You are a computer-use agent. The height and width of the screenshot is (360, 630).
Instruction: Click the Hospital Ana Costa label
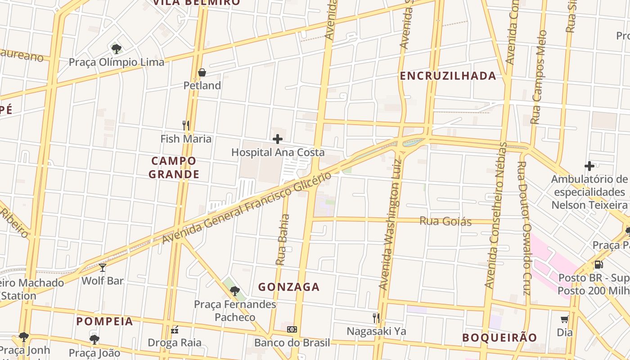click(x=278, y=153)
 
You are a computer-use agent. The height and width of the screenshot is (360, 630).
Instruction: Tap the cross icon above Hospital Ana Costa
click(x=278, y=139)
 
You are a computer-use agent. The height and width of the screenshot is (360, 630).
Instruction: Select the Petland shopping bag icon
click(x=202, y=72)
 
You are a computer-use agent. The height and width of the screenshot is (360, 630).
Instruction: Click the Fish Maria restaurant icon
click(x=185, y=125)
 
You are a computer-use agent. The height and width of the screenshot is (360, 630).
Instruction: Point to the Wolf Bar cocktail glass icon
click(x=103, y=268)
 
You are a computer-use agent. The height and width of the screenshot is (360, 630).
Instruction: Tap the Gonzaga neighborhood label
click(x=289, y=287)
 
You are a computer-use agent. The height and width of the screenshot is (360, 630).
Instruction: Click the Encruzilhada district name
click(x=448, y=76)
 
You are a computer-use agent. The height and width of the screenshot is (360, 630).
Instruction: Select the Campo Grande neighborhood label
click(x=174, y=167)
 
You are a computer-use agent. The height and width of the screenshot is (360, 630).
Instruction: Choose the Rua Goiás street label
click(x=445, y=221)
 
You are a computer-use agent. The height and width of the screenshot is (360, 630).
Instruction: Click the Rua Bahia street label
click(x=283, y=239)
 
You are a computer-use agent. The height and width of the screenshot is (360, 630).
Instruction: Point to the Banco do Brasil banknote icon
click(x=292, y=329)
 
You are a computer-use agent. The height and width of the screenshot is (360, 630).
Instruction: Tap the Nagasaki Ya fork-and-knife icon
click(x=376, y=318)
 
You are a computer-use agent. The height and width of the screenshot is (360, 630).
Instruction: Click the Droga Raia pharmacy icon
click(x=175, y=330)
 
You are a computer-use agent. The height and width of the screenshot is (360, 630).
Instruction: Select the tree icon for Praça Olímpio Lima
click(x=117, y=48)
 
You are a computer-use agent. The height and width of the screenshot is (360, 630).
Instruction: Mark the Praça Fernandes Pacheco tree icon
click(x=234, y=291)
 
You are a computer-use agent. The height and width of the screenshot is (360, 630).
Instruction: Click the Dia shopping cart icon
click(x=565, y=319)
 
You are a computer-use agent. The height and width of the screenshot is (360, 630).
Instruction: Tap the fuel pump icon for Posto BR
click(x=599, y=264)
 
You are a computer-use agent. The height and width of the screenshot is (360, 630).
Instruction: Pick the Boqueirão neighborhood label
click(x=499, y=337)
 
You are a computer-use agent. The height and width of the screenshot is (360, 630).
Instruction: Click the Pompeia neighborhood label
click(x=104, y=321)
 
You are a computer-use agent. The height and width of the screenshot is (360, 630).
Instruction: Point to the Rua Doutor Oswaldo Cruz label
click(x=525, y=229)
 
